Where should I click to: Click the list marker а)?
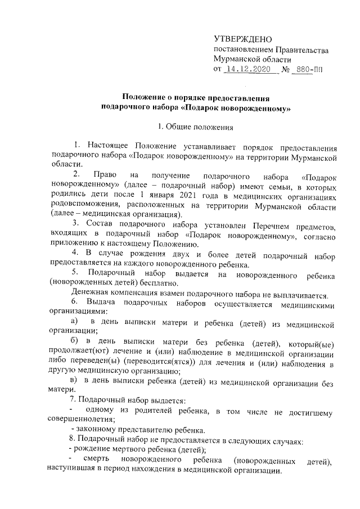pos(73,325)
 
